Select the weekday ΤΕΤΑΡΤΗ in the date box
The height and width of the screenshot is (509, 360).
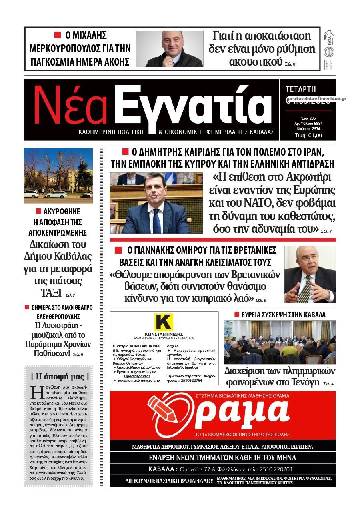click(x=301, y=89)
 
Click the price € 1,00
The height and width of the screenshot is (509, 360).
click(x=314, y=135)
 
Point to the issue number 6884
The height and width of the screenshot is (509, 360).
click(x=318, y=123)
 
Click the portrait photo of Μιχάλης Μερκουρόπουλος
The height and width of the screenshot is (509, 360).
click(x=169, y=49)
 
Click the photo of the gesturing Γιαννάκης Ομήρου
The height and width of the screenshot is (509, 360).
click(x=310, y=274)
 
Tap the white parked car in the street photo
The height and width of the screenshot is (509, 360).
click(x=56, y=194)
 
